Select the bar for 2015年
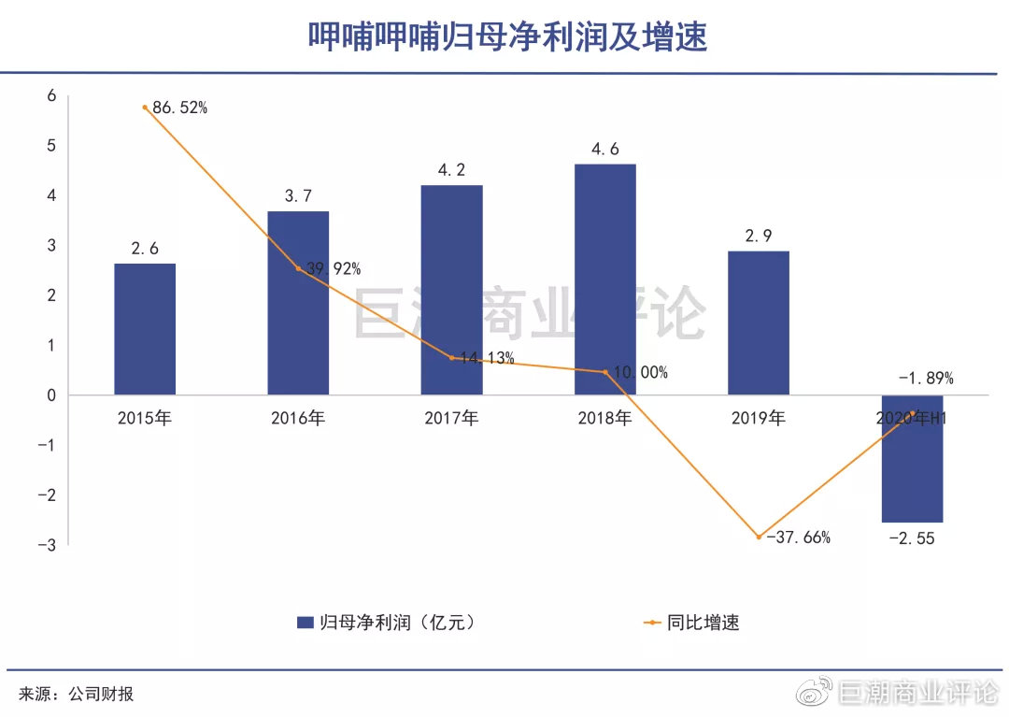point(145,328)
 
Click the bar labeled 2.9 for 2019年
point(758,322)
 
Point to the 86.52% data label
point(180,108)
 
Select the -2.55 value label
point(912,538)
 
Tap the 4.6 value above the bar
point(604,149)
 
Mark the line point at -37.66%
point(759,537)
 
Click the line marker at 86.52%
point(145,108)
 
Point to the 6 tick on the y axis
point(51,95)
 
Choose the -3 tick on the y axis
point(49,544)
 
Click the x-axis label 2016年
point(298,419)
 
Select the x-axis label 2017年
point(451,419)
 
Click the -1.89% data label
point(926,379)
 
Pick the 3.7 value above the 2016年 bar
point(298,195)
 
